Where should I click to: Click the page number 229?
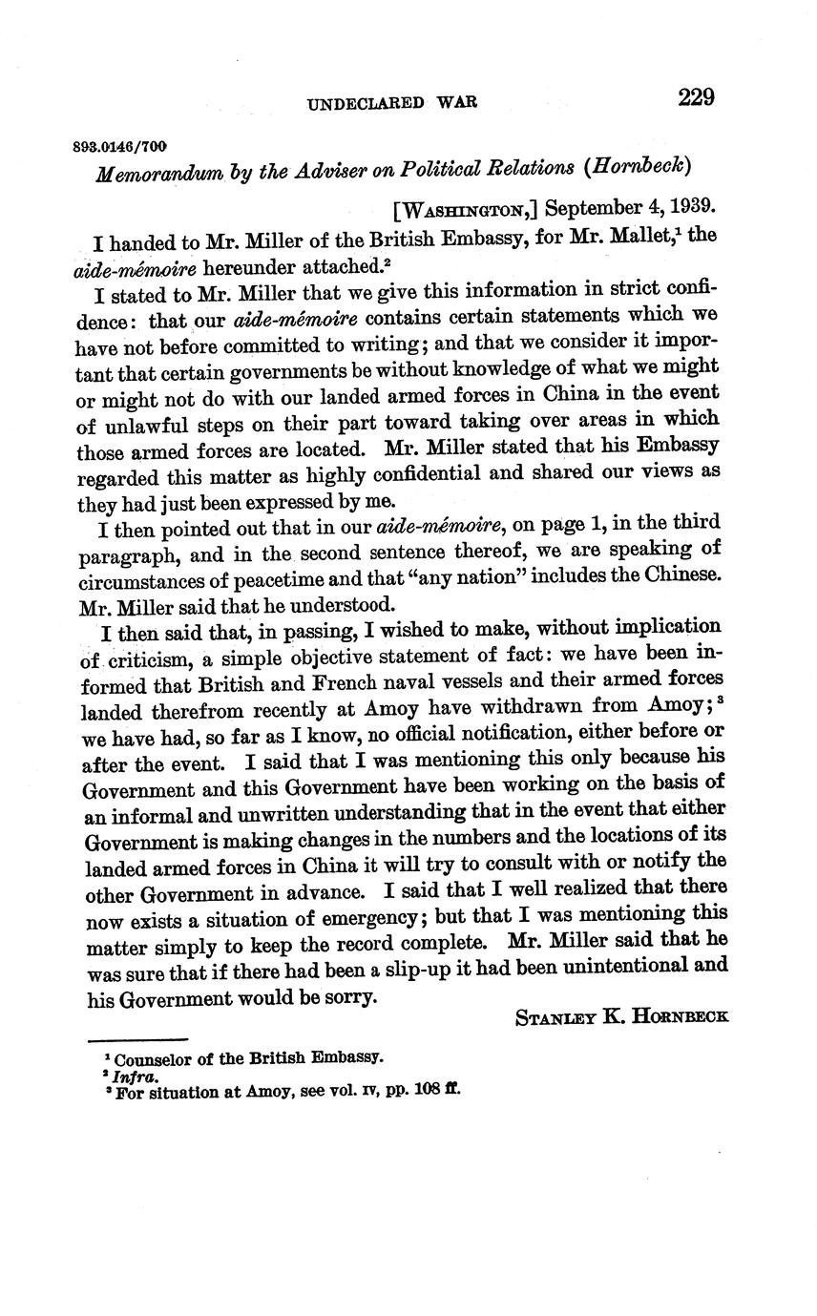coord(697,97)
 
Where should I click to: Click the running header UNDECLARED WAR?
coord(392,103)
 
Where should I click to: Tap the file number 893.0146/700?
coord(119,146)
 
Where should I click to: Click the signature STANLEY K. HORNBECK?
coord(621,1016)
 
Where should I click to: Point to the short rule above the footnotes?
coord(137,1039)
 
